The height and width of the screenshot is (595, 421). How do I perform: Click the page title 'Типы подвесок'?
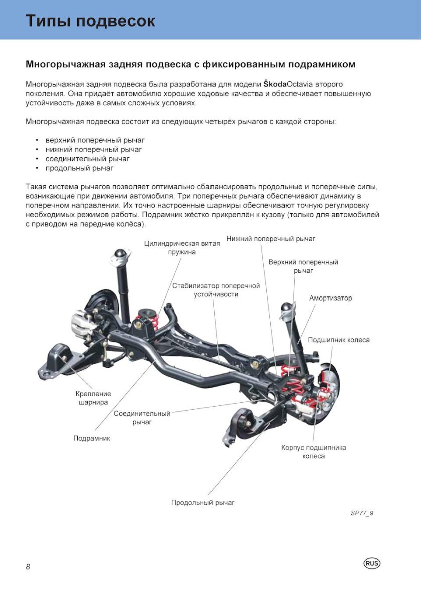tap(90, 21)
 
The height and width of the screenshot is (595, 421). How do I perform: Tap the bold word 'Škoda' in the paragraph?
tap(275, 84)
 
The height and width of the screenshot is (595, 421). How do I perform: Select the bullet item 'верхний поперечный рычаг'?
tap(95, 140)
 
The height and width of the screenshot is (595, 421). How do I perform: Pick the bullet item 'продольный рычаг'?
tap(79, 168)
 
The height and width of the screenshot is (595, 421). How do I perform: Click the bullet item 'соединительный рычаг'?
tap(87, 159)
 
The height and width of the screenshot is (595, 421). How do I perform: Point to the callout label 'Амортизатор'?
tap(330, 298)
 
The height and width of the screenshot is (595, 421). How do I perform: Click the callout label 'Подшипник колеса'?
tap(339, 340)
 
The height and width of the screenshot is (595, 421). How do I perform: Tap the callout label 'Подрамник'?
tap(92, 438)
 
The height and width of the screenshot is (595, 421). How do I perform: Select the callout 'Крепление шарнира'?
tap(93, 398)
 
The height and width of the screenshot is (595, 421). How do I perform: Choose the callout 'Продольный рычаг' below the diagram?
tap(202, 502)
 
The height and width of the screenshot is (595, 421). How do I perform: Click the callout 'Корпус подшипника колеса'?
tap(313, 452)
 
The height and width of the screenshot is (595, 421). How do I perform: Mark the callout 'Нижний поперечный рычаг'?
tap(271, 239)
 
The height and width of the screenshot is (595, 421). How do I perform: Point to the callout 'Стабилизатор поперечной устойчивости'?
tap(216, 290)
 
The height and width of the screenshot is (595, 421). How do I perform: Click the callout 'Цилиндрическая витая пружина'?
tap(182, 248)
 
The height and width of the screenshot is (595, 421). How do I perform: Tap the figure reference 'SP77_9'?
tap(362, 513)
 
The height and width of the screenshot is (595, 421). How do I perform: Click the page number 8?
tap(28, 566)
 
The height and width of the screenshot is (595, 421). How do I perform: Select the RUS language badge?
tap(372, 563)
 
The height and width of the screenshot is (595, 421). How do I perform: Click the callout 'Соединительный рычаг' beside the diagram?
tap(142, 418)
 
